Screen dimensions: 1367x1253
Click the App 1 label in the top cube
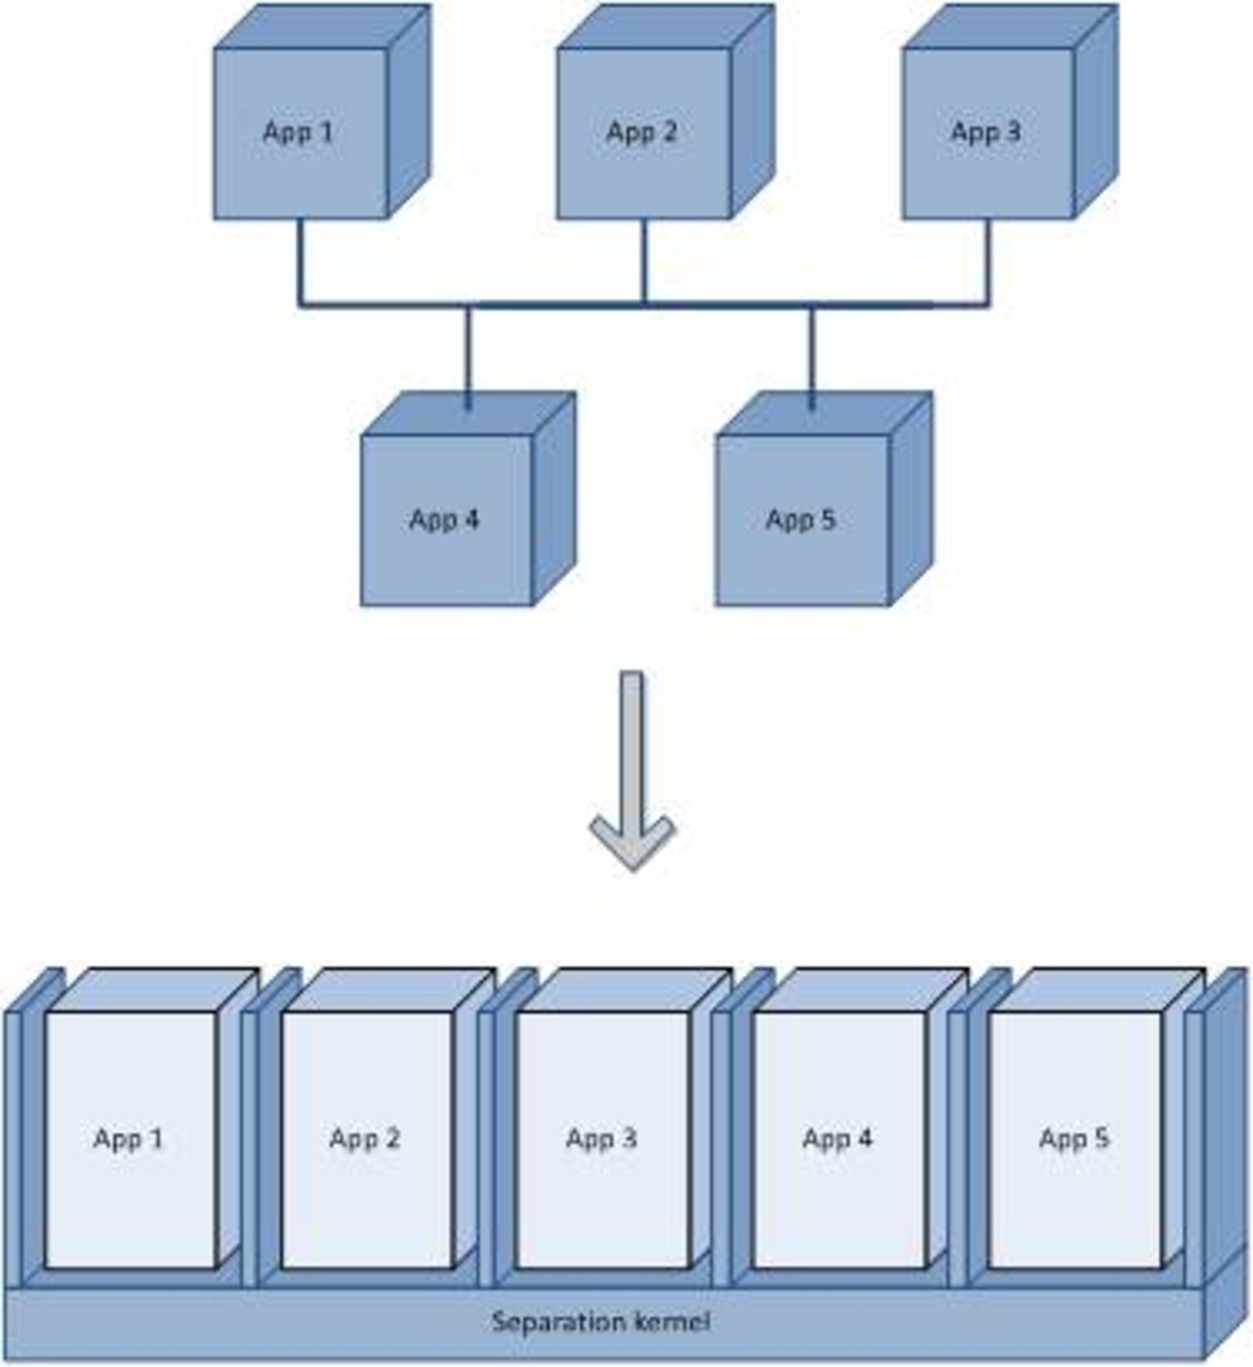(298, 132)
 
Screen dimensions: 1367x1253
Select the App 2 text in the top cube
(642, 132)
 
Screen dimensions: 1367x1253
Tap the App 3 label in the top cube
(985, 132)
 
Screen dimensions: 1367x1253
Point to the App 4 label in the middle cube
(445, 520)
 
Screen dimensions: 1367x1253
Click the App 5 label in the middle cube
(801, 520)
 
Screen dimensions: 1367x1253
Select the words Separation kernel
(601, 1321)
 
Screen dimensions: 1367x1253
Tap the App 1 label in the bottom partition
(129, 1139)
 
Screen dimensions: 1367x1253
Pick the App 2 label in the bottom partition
(365, 1139)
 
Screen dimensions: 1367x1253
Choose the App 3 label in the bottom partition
(602, 1139)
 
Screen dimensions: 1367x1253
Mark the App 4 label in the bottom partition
(837, 1139)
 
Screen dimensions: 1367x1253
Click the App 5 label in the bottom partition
(1075, 1139)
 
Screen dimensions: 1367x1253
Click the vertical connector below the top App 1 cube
(300, 261)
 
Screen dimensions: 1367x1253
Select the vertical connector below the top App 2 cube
(644, 261)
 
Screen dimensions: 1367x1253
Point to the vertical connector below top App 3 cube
(987, 261)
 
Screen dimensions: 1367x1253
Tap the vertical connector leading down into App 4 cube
(467, 356)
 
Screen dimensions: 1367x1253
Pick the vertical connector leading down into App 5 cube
(811, 356)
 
